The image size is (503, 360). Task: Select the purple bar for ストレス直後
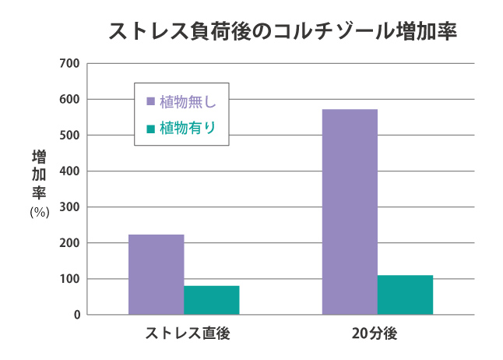point(156,274)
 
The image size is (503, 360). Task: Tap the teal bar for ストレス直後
point(212,300)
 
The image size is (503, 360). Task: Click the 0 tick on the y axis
point(76,315)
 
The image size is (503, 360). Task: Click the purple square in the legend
point(151,101)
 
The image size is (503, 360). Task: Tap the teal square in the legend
point(151,128)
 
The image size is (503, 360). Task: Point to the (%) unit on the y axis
point(39,211)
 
